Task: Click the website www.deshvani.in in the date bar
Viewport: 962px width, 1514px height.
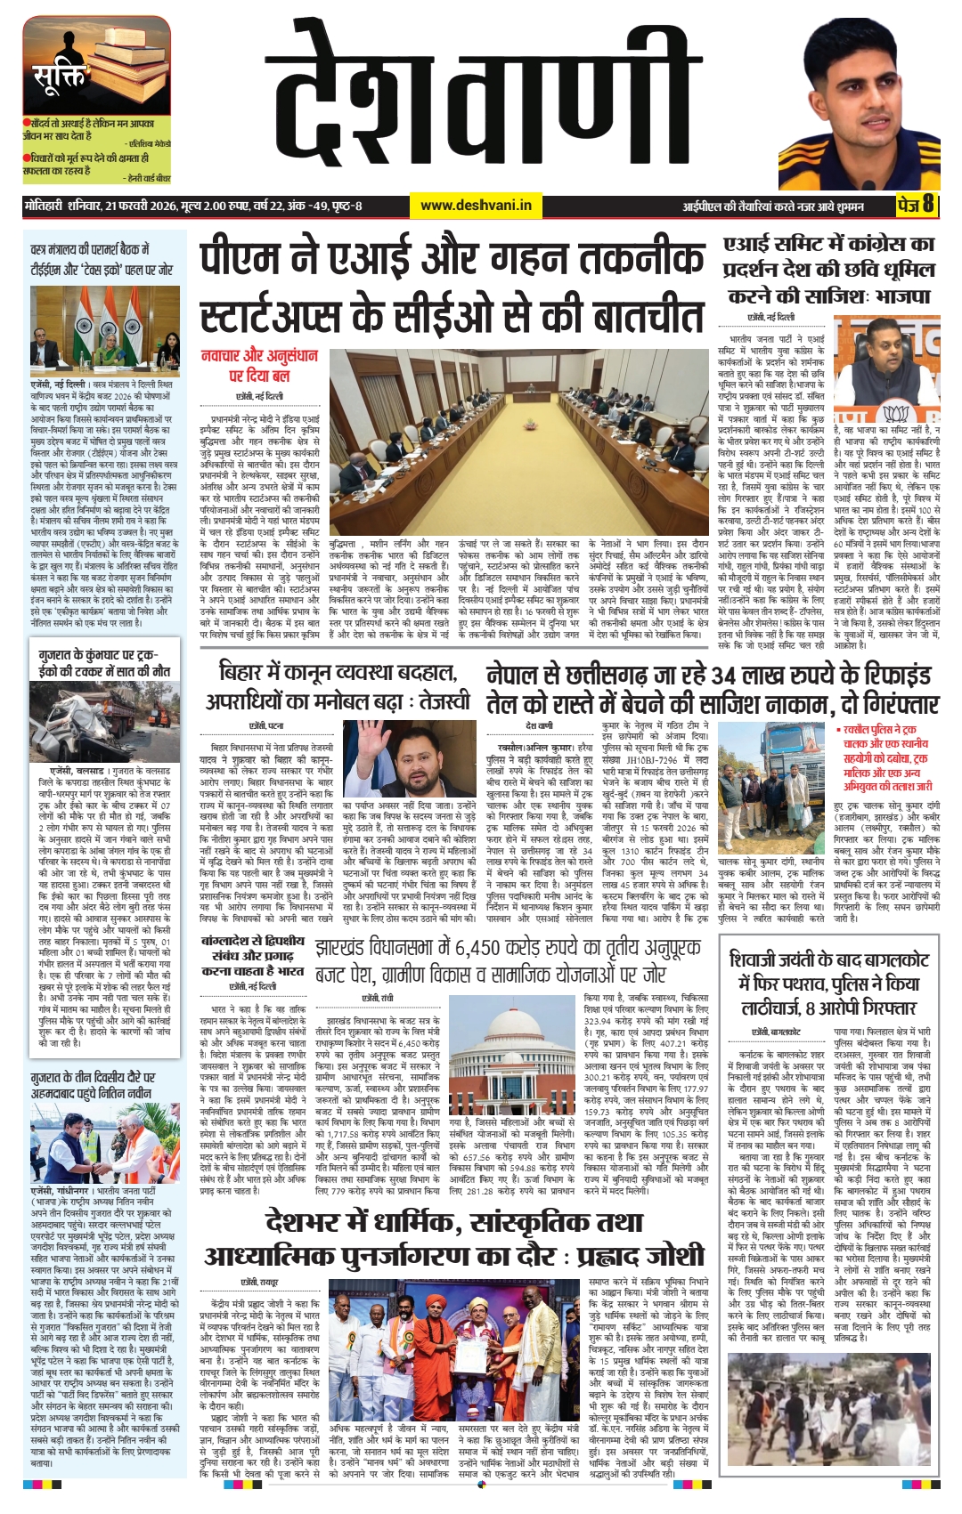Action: click(x=476, y=206)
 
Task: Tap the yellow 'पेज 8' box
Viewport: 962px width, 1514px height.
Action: click(x=915, y=205)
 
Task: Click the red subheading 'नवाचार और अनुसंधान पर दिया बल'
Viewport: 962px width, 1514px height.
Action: click(x=259, y=366)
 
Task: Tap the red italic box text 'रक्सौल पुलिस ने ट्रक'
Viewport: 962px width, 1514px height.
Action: click(x=882, y=731)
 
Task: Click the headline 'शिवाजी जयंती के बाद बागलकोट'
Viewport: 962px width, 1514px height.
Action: click(x=828, y=960)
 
